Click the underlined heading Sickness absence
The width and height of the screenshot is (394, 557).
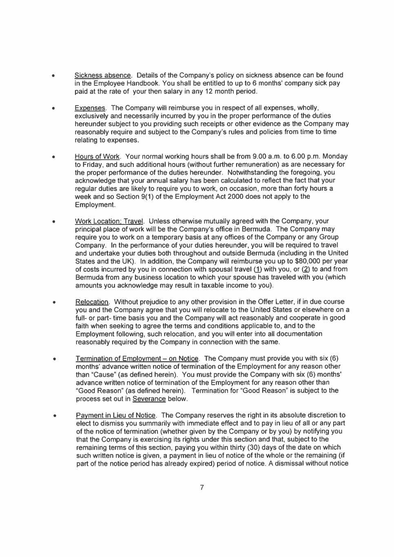pyautogui.click(x=103, y=75)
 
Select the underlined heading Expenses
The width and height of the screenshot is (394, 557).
pyautogui.click(x=90, y=108)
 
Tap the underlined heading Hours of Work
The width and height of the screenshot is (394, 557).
pyautogui.click(x=97, y=157)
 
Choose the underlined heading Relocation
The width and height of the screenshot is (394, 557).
pyautogui.click(x=92, y=302)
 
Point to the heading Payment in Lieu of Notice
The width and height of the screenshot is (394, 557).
pyautogui.click(x=116, y=415)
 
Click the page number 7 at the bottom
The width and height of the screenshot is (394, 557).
pyautogui.click(x=202, y=488)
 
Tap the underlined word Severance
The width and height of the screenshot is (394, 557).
pyautogui.click(x=149, y=399)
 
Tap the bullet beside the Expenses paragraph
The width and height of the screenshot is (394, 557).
pyautogui.click(x=53, y=109)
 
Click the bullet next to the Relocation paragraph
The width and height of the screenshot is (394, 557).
pyautogui.click(x=53, y=303)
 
